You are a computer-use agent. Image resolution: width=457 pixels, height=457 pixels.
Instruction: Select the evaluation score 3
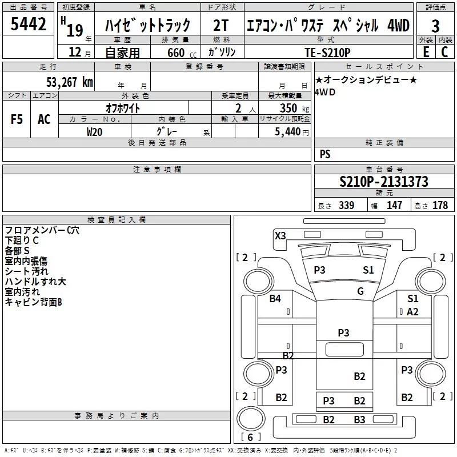point(435,26)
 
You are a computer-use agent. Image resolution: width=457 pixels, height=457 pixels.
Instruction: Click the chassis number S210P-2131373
point(383,182)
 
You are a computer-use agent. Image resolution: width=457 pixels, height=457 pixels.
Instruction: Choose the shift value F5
point(17,119)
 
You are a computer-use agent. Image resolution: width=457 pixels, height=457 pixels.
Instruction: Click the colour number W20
point(95,131)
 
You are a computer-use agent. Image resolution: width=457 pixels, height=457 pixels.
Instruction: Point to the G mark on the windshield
point(360,291)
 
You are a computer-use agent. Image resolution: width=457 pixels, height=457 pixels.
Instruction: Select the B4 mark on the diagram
point(275,298)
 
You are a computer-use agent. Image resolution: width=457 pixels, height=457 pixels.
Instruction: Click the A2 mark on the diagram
point(412,311)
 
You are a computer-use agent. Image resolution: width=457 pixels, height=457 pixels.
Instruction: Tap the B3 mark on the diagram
point(359,420)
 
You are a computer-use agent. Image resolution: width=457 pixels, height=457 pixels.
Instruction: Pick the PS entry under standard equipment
point(325,154)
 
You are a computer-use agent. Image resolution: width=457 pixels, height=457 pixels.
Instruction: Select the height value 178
point(440,205)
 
